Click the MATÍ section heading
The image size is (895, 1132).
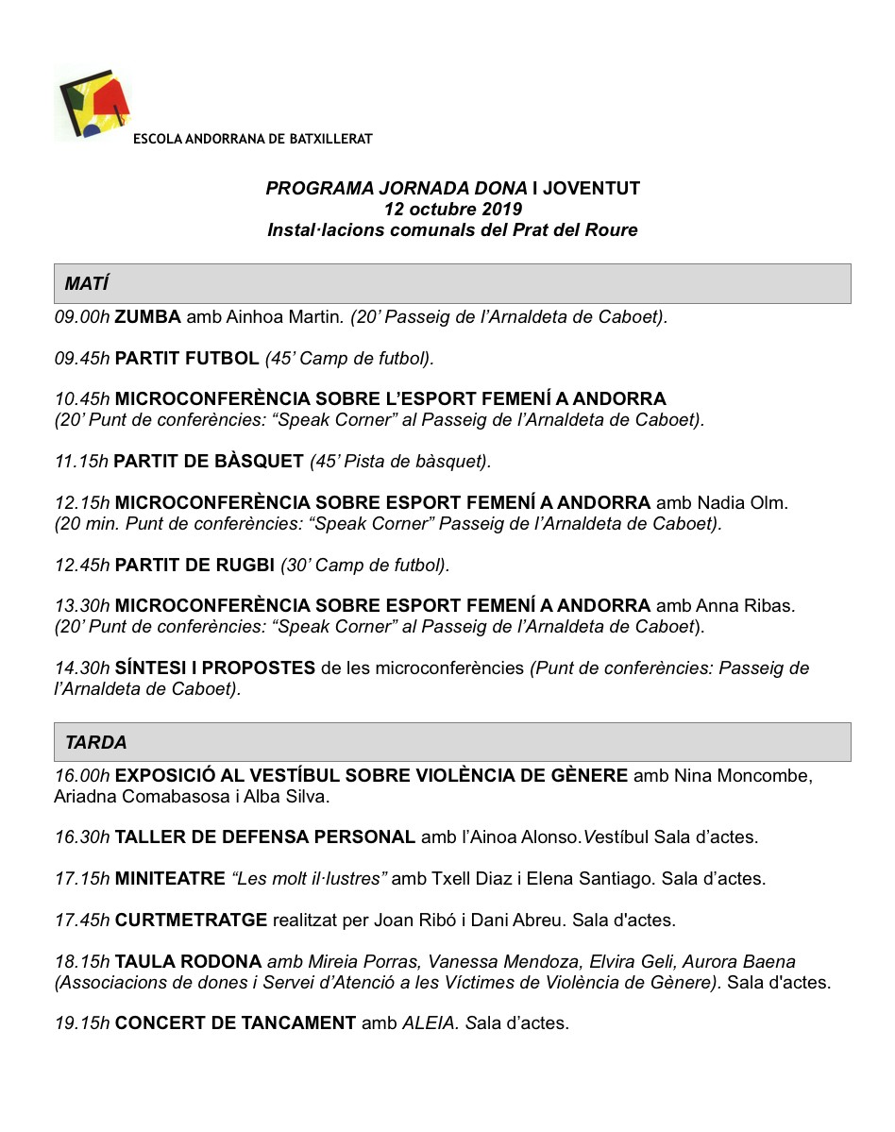(x=87, y=284)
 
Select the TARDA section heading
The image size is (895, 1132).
(x=96, y=743)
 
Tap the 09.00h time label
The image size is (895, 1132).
(x=82, y=317)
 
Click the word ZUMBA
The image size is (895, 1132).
(x=147, y=317)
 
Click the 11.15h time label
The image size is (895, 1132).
(x=81, y=462)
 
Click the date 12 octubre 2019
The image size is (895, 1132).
(x=452, y=209)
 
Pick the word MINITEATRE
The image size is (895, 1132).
(x=170, y=879)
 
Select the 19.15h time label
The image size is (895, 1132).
(x=82, y=1022)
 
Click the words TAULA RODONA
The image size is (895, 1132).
(x=188, y=962)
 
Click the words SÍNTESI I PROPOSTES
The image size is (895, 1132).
(x=215, y=668)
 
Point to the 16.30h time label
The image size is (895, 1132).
(x=82, y=837)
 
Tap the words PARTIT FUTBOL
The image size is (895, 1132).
(x=187, y=359)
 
